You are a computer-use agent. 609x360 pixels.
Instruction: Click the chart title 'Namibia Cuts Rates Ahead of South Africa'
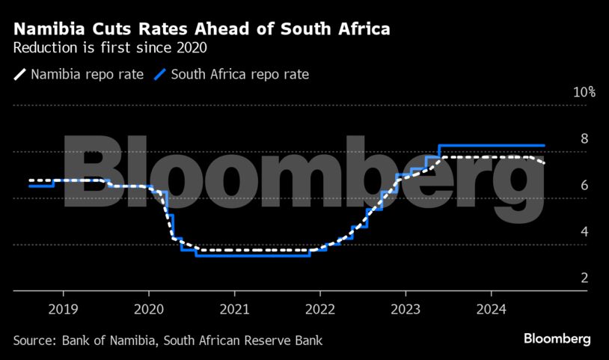tap(201, 30)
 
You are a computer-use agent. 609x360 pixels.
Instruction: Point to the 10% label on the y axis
tap(584, 93)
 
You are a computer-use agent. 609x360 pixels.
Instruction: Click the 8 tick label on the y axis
tap(584, 139)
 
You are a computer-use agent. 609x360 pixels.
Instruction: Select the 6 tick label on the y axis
tap(584, 186)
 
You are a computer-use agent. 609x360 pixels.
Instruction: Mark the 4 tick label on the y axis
tap(584, 232)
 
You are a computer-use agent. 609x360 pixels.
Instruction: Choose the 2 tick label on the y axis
tap(584, 278)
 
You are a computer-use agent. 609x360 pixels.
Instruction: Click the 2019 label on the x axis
tap(63, 308)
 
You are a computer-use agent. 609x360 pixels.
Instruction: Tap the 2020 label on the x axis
tap(148, 308)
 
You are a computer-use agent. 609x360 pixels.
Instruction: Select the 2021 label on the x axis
tap(234, 308)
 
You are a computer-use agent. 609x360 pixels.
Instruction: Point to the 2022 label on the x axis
tap(319, 308)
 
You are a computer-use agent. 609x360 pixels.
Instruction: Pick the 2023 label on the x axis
tap(406, 308)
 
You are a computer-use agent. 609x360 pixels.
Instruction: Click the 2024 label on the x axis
tap(491, 308)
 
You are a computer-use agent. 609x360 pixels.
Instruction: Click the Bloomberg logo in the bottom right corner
tap(557, 340)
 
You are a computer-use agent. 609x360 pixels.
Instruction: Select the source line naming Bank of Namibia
tap(168, 341)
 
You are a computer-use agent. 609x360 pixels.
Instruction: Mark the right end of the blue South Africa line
tap(544, 145)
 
